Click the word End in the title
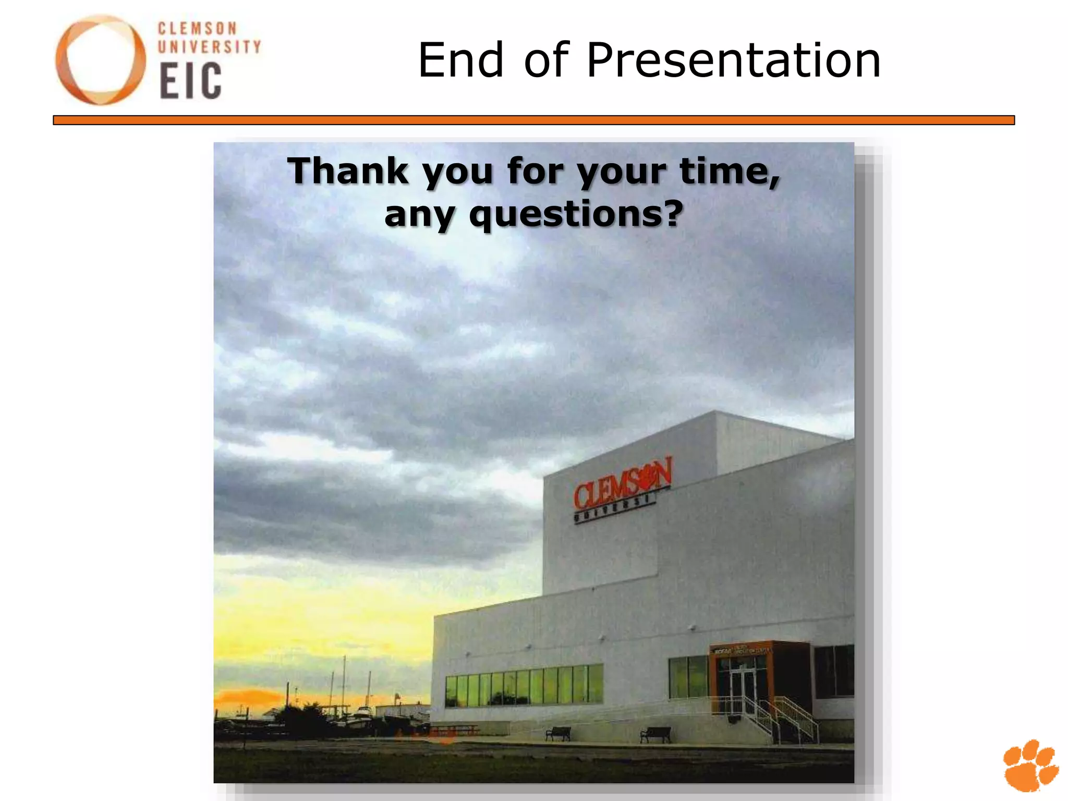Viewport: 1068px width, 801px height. [x=461, y=61]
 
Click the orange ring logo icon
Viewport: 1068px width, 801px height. [x=101, y=60]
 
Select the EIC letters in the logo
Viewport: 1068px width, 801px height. [x=191, y=81]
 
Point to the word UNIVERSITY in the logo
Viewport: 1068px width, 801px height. [x=209, y=47]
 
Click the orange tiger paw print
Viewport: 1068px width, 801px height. [x=1030, y=764]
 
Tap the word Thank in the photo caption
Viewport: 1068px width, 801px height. [x=348, y=171]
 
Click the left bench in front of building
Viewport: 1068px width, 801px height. [x=558, y=733]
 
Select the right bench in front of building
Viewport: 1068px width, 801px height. [x=656, y=734]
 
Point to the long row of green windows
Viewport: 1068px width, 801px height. [x=524, y=685]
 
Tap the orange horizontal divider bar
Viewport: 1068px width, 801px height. [x=533, y=120]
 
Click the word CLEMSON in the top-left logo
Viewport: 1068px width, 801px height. [x=197, y=28]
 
